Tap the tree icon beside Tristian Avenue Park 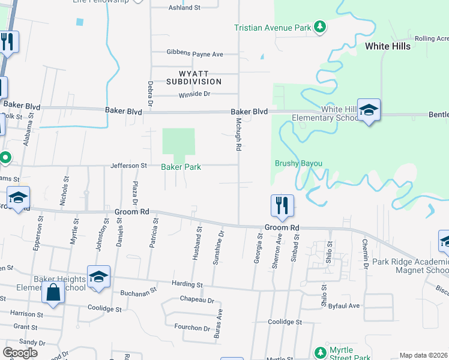[321, 27]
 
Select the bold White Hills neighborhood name [388, 46]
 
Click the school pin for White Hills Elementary [369, 110]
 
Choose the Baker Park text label [181, 167]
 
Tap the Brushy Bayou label [299, 163]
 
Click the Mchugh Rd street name [238, 134]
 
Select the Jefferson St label [128, 166]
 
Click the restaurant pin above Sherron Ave [282, 206]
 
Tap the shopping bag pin [53, 293]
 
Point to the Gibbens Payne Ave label [194, 54]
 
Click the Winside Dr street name [194, 94]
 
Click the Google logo [20, 353]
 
